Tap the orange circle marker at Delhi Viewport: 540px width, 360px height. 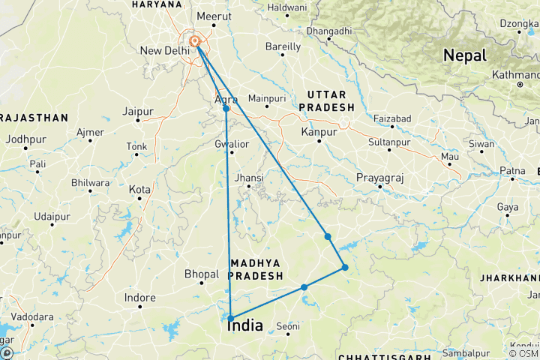pyautogui.click(x=194, y=41)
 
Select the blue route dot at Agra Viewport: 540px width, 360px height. pyautogui.click(x=226, y=109)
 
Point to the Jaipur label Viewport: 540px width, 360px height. pyautogui.click(x=138, y=112)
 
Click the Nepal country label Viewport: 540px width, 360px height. pyautogui.click(x=465, y=55)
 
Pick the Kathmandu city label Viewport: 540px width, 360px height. pyautogui.click(x=516, y=75)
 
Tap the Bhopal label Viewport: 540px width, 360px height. pyautogui.click(x=201, y=274)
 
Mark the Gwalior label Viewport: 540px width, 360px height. pyautogui.click(x=231, y=144)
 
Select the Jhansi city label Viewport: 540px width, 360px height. pyautogui.click(x=249, y=178)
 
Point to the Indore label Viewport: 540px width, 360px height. pyautogui.click(x=140, y=298)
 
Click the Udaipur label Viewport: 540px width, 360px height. pyautogui.click(x=52, y=216)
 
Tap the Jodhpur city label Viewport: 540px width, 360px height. pyautogui.click(x=25, y=139)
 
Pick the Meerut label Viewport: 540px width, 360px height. pyautogui.click(x=211, y=16)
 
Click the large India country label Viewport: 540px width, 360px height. pyautogui.click(x=244, y=326)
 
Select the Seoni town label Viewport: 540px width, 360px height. pyautogui.click(x=288, y=326)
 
